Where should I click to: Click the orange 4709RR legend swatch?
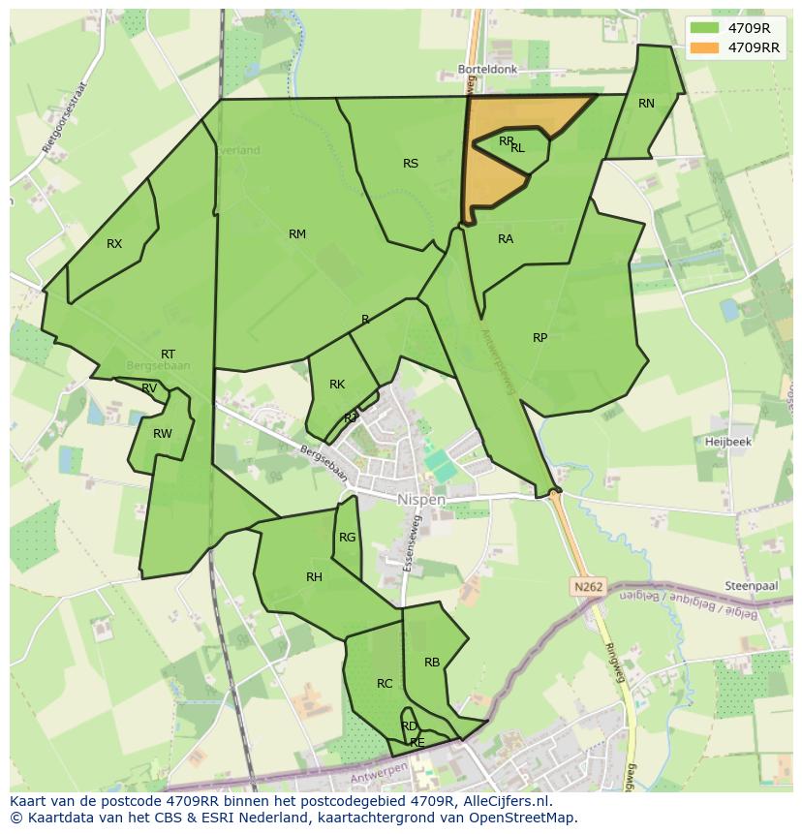[x=704, y=47]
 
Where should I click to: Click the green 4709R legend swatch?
[x=704, y=28]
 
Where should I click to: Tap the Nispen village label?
[x=421, y=500]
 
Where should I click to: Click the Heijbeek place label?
[x=728, y=441]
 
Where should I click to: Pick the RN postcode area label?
[x=646, y=104]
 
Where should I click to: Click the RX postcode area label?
[x=114, y=244]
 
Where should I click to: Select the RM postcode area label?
[x=297, y=234]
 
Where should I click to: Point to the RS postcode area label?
[x=411, y=164]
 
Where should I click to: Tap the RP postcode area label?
[x=540, y=338]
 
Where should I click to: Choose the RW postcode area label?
[x=162, y=434]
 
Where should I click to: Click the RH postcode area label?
[x=314, y=577]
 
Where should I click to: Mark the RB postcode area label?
[x=432, y=663]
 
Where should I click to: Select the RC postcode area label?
[x=385, y=684]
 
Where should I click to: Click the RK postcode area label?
[x=337, y=385]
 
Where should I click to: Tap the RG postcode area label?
[x=347, y=538]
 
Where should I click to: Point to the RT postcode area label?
[x=169, y=355]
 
